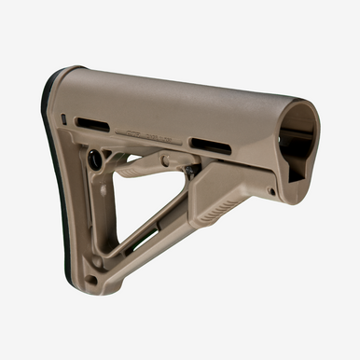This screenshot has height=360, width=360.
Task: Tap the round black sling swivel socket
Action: (x=96, y=159)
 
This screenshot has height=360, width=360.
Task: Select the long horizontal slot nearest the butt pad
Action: (x=92, y=124)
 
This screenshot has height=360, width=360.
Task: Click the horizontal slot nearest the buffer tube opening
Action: (x=212, y=145)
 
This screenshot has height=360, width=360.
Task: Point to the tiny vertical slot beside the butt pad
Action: (x=63, y=118)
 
